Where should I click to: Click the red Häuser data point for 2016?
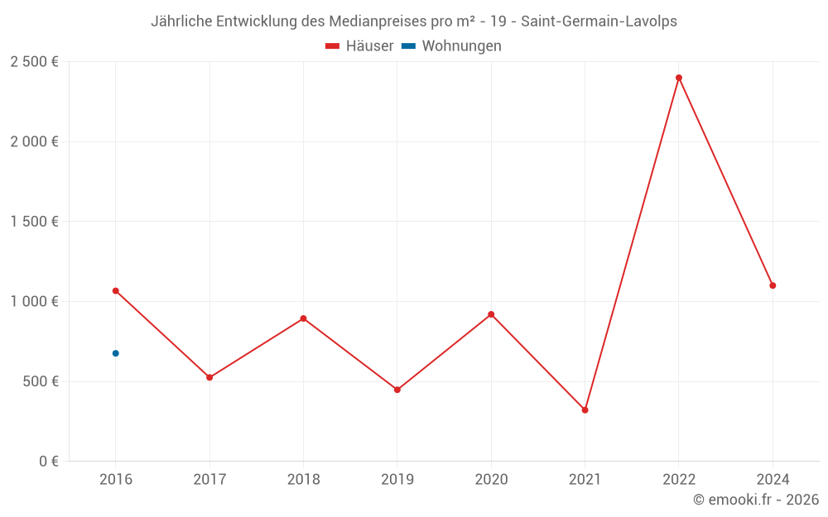click(x=116, y=291)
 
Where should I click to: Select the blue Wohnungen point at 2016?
click(x=116, y=353)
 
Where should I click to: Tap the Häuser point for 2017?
click(x=209, y=377)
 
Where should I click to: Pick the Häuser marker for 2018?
click(x=303, y=318)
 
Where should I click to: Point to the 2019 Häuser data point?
click(x=397, y=390)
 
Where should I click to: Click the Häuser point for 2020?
click(x=491, y=314)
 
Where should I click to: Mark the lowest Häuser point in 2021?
click(x=585, y=409)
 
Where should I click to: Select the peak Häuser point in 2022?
click(x=679, y=78)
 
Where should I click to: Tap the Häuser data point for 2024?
click(x=773, y=285)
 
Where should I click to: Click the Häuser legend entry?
click(x=360, y=46)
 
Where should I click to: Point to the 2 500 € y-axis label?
click(x=34, y=62)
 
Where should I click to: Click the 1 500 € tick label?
click(x=34, y=222)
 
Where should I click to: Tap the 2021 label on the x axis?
click(x=585, y=479)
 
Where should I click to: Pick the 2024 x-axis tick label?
click(x=773, y=479)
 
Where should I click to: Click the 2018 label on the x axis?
click(x=303, y=479)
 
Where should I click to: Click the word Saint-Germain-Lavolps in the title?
click(x=599, y=22)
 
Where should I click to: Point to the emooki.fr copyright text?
click(x=756, y=500)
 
